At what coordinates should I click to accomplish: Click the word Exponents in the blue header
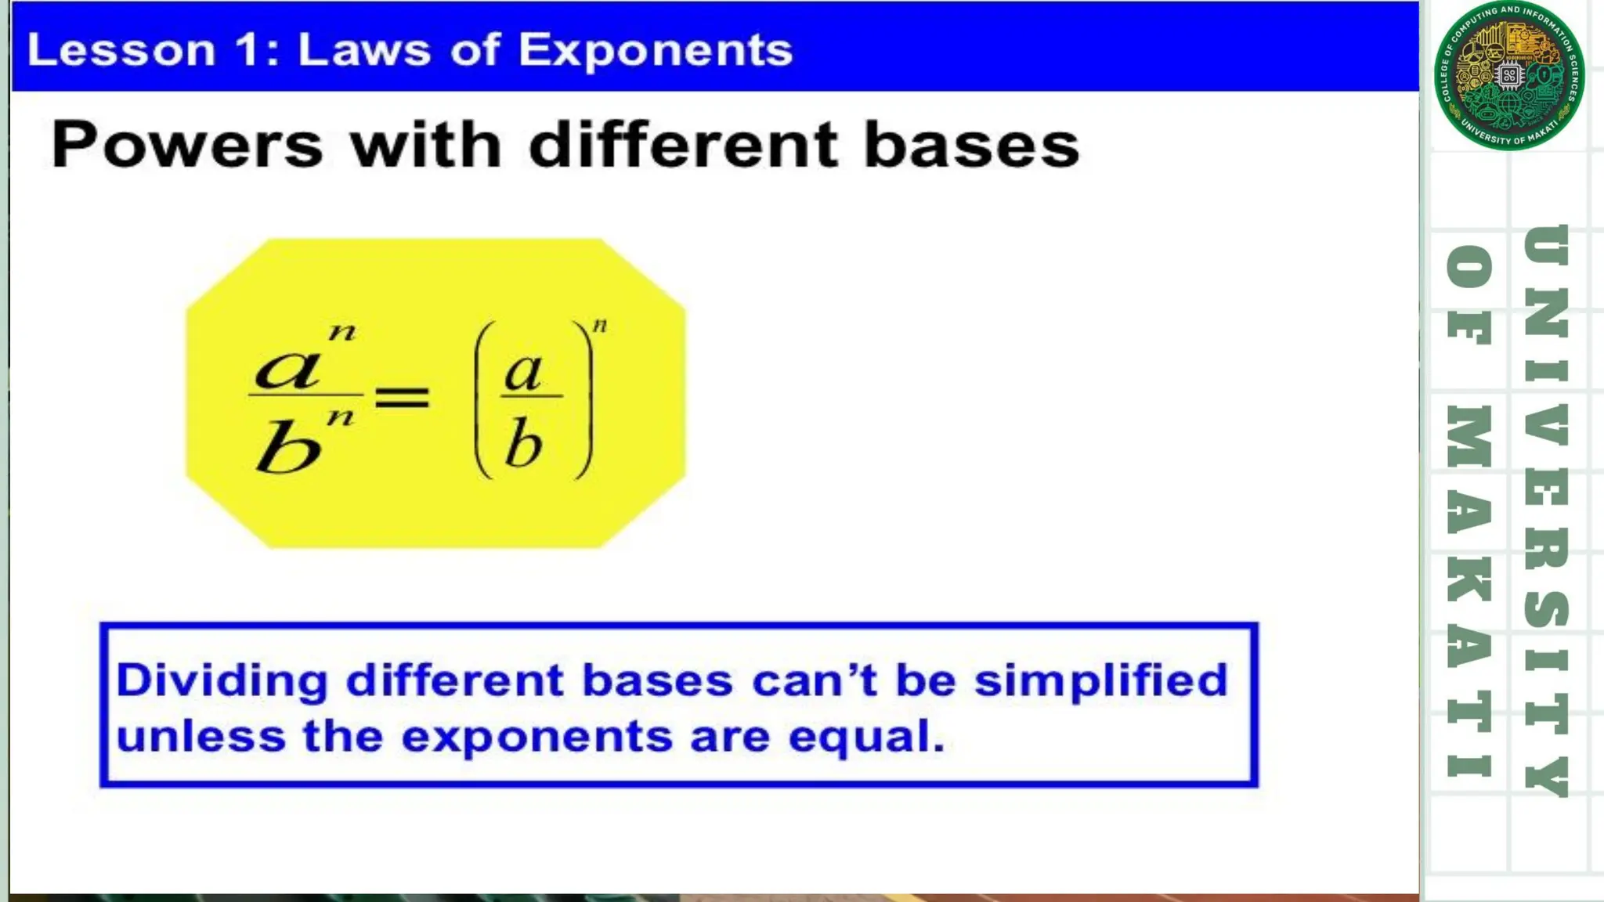click(655, 51)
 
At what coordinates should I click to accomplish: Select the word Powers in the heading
click(186, 145)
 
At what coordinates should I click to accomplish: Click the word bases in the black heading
click(971, 145)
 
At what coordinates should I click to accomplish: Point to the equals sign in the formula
click(402, 396)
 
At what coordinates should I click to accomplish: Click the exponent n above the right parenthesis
click(600, 325)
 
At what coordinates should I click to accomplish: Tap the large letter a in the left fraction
click(288, 368)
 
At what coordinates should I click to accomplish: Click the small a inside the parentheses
click(523, 372)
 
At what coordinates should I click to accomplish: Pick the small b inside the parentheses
click(523, 442)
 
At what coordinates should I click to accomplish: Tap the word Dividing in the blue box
click(222, 680)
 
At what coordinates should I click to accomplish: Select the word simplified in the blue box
click(1100, 680)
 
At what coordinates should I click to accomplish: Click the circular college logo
click(1509, 76)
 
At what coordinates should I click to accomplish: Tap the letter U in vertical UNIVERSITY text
click(1547, 245)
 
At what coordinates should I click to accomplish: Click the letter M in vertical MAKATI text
click(1469, 436)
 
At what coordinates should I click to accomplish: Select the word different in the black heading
click(683, 145)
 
